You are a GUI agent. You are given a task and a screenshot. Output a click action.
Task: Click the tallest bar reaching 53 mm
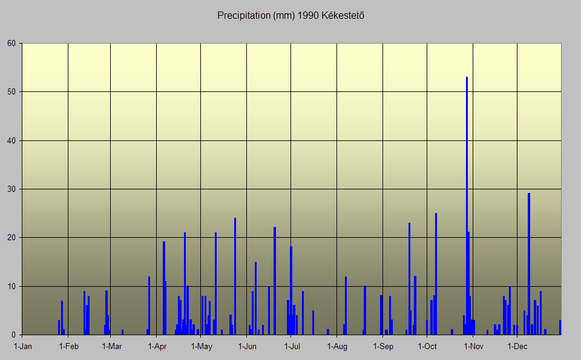pyautogui.click(x=467, y=206)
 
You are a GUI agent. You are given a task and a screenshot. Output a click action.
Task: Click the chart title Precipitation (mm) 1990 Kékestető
pyautogui.click(x=290, y=15)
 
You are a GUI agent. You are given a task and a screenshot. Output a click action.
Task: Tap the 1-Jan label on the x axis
pyautogui.click(x=23, y=347)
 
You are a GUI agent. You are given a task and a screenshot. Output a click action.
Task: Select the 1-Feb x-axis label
pyautogui.click(x=68, y=347)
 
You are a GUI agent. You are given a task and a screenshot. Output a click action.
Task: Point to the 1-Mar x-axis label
pyautogui.click(x=112, y=347)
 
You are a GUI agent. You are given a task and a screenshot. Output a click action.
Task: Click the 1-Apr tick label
pyautogui.click(x=157, y=347)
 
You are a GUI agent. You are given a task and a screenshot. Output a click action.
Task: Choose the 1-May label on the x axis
pyautogui.click(x=202, y=347)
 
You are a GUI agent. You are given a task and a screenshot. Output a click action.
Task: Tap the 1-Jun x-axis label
pyautogui.click(x=248, y=347)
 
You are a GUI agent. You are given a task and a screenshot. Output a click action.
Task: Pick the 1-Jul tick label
pyautogui.click(x=292, y=347)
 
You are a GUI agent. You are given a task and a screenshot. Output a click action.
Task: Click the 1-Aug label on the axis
pyautogui.click(x=337, y=347)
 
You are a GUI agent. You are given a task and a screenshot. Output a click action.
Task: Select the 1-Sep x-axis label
pyautogui.click(x=383, y=347)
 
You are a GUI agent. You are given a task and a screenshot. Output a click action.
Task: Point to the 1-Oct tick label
pyautogui.click(x=427, y=347)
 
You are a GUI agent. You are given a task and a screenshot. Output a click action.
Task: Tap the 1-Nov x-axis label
pyautogui.click(x=473, y=347)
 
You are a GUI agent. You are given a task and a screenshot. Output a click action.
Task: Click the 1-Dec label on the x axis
pyautogui.click(x=517, y=347)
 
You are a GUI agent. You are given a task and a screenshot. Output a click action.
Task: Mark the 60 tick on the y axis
pyautogui.click(x=11, y=44)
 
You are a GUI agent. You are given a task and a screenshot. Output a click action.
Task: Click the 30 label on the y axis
pyautogui.click(x=11, y=189)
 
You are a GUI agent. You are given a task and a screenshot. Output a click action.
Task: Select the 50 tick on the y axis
pyautogui.click(x=11, y=92)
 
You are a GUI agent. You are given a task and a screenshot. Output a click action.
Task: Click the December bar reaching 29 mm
pyautogui.click(x=529, y=264)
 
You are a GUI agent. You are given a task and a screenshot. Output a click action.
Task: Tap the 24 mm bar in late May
pyautogui.click(x=235, y=276)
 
